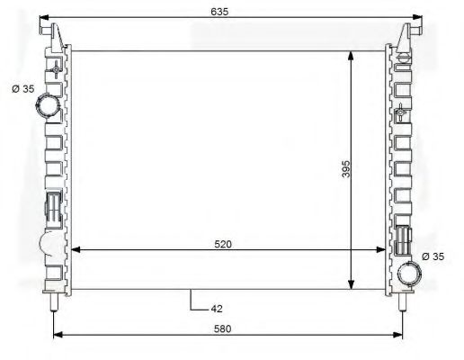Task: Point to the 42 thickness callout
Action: point(216,309)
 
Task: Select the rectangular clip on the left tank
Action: point(53,206)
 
